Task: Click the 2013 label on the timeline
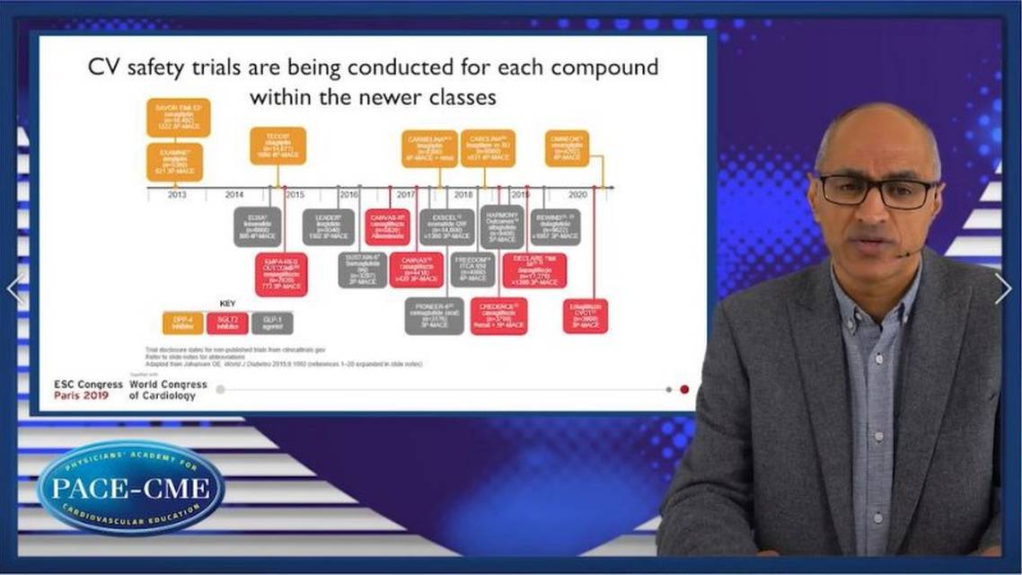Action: point(176,194)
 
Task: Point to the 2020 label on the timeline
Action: point(577,194)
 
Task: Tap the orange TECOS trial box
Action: point(278,146)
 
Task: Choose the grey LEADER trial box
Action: point(329,227)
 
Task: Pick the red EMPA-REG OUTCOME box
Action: point(281,274)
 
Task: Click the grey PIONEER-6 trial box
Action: point(434,316)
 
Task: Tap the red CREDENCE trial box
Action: point(498,316)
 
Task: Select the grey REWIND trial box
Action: point(554,227)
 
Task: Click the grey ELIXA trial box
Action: point(258,227)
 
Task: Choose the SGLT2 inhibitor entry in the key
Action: point(227,323)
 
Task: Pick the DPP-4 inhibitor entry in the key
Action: point(183,323)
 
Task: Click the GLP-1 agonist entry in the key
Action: point(272,323)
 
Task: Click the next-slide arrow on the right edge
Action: point(1002,288)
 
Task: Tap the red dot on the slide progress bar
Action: point(684,390)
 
